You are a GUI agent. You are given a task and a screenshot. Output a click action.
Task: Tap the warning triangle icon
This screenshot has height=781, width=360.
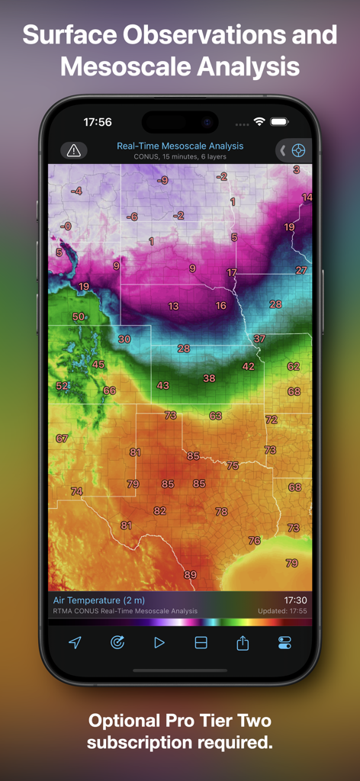73,150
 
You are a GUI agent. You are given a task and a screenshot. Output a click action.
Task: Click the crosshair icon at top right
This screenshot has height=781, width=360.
298,150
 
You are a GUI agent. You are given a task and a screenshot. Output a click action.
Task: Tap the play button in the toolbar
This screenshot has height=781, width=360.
159,643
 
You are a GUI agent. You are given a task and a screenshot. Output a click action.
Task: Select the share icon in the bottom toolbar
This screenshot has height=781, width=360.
243,643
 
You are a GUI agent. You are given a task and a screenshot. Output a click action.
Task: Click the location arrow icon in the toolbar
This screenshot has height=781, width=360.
75,643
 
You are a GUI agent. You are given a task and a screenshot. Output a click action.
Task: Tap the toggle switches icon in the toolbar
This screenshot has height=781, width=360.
284,643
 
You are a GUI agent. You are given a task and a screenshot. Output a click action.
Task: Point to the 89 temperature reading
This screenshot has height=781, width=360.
190,574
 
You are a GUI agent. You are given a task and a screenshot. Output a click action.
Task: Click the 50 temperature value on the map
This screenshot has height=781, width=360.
79,317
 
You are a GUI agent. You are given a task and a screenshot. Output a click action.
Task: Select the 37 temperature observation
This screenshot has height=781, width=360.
259,338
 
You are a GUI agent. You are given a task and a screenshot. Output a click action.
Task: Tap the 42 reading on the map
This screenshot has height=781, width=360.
249,366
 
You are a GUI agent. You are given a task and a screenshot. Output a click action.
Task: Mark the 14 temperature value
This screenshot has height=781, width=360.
307,197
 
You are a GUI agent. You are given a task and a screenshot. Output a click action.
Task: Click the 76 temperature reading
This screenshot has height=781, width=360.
254,540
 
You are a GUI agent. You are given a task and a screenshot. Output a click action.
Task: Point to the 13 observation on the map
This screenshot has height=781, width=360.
173,306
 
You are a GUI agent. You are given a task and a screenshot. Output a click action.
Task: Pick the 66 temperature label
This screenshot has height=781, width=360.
110,390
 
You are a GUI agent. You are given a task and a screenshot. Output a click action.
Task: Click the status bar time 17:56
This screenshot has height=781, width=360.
98,122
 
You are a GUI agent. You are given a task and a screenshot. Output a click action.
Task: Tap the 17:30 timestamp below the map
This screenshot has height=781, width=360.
295,600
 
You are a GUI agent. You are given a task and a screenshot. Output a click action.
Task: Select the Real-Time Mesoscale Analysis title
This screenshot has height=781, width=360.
180,146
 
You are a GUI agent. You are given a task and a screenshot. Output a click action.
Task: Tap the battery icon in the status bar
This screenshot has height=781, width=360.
279,122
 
